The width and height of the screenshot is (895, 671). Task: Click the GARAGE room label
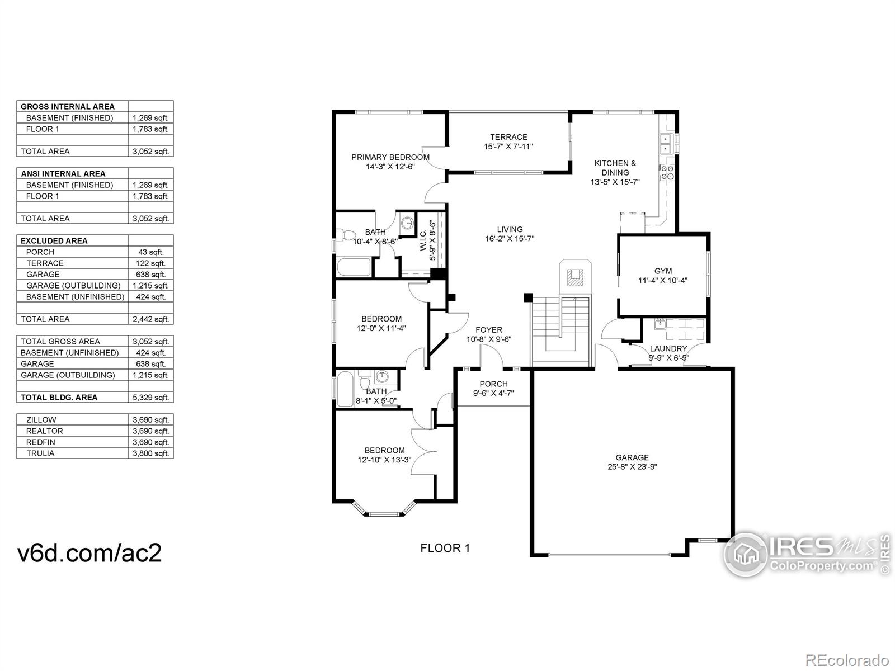(632, 457)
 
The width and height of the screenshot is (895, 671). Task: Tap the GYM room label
(663, 271)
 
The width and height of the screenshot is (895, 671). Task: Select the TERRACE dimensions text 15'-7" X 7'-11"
(508, 147)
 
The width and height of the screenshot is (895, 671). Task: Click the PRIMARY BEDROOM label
(390, 157)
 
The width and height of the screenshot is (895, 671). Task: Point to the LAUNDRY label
(668, 349)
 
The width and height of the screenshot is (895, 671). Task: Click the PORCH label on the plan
(493, 384)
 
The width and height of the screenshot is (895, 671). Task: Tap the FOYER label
(489, 330)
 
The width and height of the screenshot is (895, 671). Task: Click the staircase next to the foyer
(561, 330)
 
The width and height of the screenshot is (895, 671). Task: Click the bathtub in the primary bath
(354, 267)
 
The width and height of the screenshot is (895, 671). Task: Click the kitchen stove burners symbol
(667, 173)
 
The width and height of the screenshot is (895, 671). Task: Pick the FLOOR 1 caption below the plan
(445, 548)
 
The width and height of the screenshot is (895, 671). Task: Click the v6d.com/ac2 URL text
(90, 553)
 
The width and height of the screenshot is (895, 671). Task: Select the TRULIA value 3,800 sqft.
(150, 453)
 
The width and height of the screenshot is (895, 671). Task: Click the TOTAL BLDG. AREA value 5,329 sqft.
(150, 398)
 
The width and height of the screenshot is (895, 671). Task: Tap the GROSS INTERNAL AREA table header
(68, 106)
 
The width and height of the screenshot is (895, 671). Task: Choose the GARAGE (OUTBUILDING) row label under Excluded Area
(73, 286)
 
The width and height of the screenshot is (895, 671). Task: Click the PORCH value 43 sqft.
(150, 252)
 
